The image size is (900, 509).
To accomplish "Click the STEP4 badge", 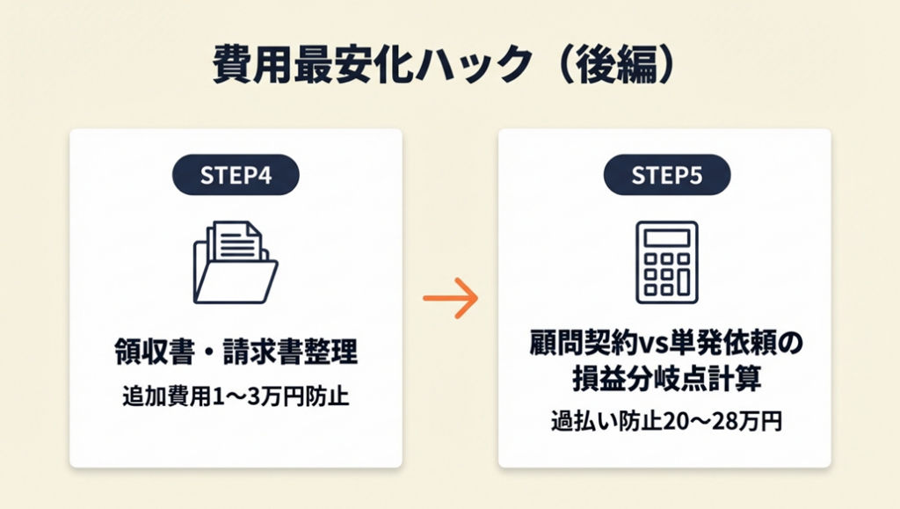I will click(236, 175).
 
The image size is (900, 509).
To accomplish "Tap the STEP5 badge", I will click(667, 175).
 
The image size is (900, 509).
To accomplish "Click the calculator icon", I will click(666, 262).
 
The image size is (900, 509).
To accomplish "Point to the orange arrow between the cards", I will click(450, 298).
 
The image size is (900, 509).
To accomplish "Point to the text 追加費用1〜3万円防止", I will click(236, 396).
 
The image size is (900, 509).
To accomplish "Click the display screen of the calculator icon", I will click(666, 237).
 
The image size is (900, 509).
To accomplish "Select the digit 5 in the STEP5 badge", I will click(696, 175).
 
